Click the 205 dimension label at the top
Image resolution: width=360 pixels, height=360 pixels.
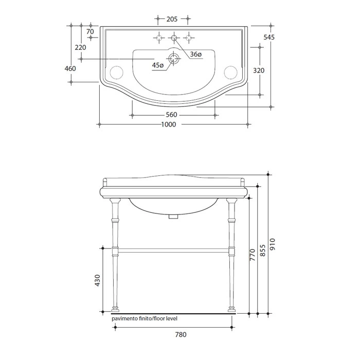[172, 19]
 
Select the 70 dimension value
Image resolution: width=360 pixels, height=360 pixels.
[90, 31]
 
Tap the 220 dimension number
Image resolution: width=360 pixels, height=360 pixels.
[80, 47]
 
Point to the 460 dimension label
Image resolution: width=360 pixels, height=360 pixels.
[70, 68]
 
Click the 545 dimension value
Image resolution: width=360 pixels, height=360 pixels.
[269, 37]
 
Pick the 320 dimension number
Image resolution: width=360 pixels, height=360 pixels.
[259, 70]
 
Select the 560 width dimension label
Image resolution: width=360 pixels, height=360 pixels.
[171, 115]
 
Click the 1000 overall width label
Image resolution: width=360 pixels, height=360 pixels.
[169, 124]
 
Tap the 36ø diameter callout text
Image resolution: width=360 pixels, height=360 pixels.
[196, 55]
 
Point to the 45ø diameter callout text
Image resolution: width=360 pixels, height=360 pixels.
[158, 65]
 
